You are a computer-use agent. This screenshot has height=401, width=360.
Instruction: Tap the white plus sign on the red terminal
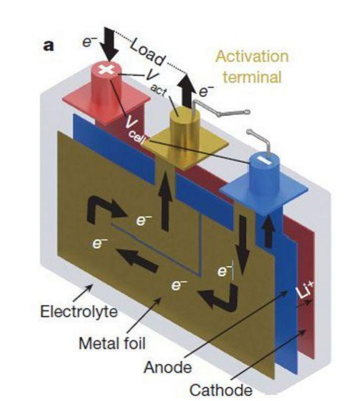tap(106, 70)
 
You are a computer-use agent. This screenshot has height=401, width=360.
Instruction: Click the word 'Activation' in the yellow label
tap(252, 55)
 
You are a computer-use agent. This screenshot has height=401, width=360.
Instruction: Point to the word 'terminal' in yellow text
tap(252, 78)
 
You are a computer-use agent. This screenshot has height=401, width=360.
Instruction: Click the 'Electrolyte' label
tap(79, 311)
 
